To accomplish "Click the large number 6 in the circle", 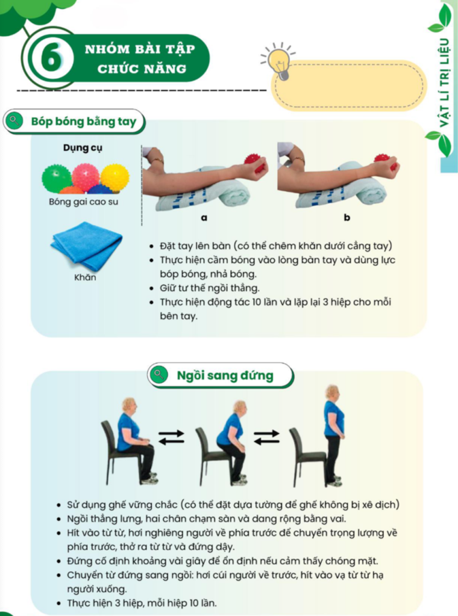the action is click(52, 58).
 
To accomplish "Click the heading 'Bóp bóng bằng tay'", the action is click(83, 122).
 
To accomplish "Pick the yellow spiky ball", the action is click(115, 177).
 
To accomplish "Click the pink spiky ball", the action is click(86, 177).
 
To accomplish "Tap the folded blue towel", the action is click(86, 245).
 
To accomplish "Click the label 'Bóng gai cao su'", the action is click(83, 202).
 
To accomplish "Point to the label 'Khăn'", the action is click(85, 277).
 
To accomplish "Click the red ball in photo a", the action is click(255, 162).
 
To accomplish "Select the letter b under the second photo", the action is click(347, 217).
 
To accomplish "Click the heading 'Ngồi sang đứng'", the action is click(225, 375).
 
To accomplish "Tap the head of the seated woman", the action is click(129, 405).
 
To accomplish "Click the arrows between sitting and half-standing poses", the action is click(171, 437).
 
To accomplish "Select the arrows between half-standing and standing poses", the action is click(267, 437).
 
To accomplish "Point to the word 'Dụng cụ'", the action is click(83, 148).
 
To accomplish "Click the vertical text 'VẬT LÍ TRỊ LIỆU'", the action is click(444, 83).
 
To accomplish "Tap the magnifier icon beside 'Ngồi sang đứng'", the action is click(158, 374).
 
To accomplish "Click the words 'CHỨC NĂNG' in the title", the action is click(142, 69).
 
